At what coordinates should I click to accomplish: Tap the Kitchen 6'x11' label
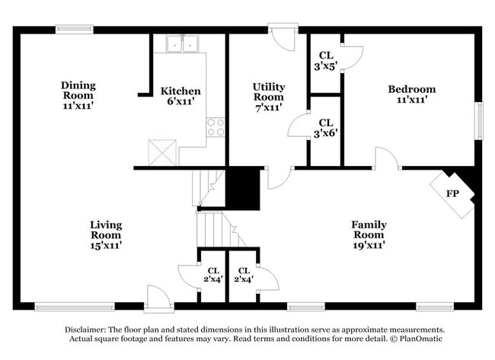tap(180, 96)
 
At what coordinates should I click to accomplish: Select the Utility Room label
tap(269, 97)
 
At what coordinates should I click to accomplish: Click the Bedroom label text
tap(411, 94)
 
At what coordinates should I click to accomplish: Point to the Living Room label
tap(106, 234)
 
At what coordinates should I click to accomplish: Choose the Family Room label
tap(368, 234)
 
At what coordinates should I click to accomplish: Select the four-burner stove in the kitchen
tap(216, 127)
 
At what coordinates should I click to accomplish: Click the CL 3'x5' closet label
tap(325, 60)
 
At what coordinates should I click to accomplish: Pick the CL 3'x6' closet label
tap(325, 127)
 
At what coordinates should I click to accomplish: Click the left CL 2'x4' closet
tap(213, 275)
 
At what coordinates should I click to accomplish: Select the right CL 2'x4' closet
tap(244, 275)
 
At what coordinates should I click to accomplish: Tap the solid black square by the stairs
tap(244, 188)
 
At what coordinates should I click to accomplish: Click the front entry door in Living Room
tap(159, 299)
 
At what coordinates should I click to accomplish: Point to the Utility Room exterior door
tap(284, 38)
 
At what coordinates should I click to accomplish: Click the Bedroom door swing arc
tap(387, 158)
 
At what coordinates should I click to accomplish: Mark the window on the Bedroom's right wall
tap(479, 119)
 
